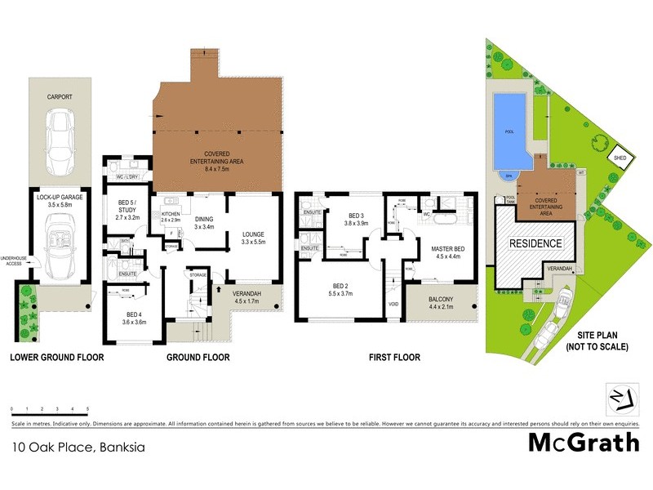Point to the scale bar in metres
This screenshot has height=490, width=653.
50,408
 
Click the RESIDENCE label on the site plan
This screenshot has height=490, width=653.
535,243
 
